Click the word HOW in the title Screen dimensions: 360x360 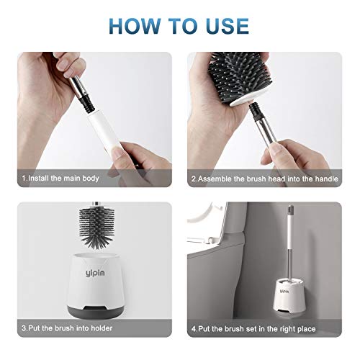pos(135,26)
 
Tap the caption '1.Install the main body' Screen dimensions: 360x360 pos(60,179)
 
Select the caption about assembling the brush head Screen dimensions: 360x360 pos(265,179)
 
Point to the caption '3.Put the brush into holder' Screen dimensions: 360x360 pos(67,328)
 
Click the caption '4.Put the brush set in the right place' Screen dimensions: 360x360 pos(253,328)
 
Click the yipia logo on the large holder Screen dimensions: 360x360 pos(95,273)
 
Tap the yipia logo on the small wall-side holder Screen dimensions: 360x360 pos(284,292)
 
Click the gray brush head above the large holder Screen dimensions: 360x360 pos(96,227)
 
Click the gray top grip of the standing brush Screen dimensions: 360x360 pos(289,210)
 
